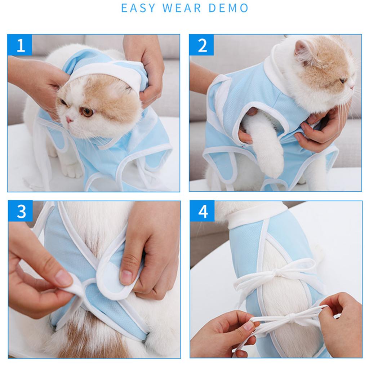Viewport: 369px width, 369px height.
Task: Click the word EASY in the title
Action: click(138, 8)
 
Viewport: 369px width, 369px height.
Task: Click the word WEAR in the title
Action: click(182, 8)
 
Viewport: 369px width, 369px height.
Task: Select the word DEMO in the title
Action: click(228, 8)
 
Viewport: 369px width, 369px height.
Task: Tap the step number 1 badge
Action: click(20, 45)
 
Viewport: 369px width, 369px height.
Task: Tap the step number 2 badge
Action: click(202, 45)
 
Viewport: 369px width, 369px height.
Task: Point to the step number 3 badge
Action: click(21, 211)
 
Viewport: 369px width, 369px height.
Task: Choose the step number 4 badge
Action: click(203, 211)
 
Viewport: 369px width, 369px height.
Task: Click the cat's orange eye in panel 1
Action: click(87, 112)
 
